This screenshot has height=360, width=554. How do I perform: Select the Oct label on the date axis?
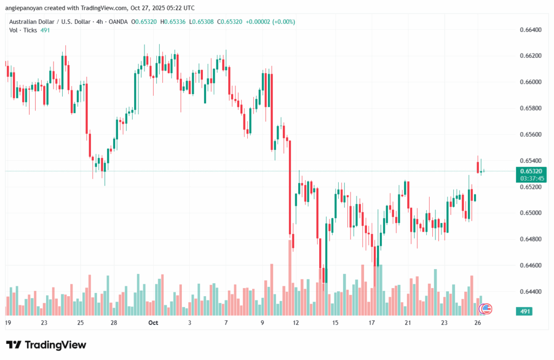pos(153,323)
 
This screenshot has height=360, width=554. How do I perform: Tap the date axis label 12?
pos(296,323)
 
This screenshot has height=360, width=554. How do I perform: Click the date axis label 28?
pos(115,323)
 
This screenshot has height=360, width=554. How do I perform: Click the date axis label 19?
pos(8,323)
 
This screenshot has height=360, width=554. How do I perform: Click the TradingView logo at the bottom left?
pos(46,345)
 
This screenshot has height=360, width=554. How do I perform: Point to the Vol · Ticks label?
pos(23,30)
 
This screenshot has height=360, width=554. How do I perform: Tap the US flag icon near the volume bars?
pos(486,309)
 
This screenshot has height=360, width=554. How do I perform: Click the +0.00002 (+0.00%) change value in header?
pos(270,22)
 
